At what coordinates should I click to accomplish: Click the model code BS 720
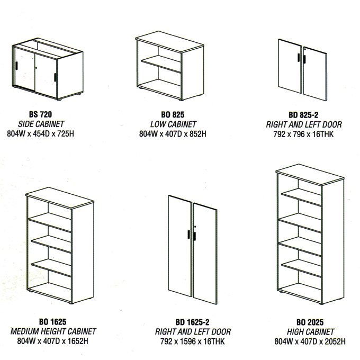(x=40, y=114)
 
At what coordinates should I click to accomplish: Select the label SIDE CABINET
(x=41, y=124)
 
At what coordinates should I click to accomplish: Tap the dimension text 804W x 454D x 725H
(x=41, y=133)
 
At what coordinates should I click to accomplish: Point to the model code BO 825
(x=173, y=114)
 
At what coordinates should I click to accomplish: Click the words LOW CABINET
(x=173, y=124)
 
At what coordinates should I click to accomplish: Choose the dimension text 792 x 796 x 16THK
(x=303, y=134)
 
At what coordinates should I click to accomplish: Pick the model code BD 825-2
(x=303, y=115)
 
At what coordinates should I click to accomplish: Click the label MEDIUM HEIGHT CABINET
(x=53, y=331)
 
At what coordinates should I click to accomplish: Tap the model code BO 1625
(x=53, y=322)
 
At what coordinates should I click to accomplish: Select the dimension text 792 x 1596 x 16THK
(x=192, y=341)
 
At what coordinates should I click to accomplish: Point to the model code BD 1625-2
(x=192, y=322)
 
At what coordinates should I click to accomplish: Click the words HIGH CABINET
(x=310, y=332)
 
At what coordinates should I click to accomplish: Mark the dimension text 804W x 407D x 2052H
(x=310, y=341)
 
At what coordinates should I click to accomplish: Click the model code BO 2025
(x=310, y=322)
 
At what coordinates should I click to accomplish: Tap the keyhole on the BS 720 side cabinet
(x=37, y=68)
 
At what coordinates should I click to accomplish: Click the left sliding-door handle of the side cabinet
(x=17, y=66)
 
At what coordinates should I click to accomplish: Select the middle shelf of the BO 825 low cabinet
(x=161, y=64)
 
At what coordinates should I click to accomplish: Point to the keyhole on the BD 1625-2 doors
(x=195, y=227)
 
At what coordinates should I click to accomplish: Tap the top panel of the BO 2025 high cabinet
(x=310, y=175)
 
